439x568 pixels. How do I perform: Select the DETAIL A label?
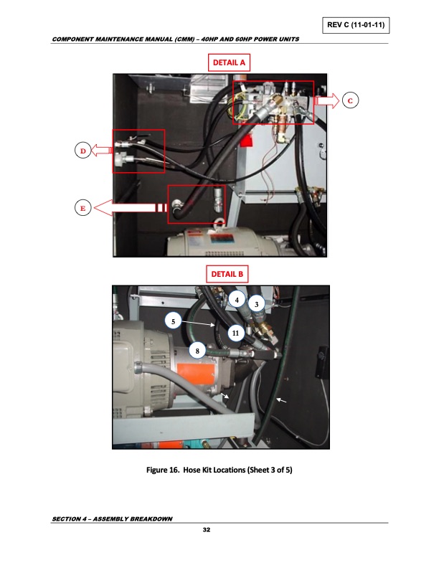(228, 63)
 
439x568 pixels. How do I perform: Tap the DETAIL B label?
(228, 273)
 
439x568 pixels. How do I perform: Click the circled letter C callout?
(349, 100)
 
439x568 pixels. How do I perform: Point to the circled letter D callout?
(82, 151)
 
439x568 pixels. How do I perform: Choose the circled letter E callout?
(82, 208)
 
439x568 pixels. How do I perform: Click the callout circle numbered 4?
(237, 298)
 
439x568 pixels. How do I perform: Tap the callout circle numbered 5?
(172, 321)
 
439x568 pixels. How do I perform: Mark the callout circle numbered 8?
(198, 350)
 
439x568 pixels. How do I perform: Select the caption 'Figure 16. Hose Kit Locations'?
(219, 470)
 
